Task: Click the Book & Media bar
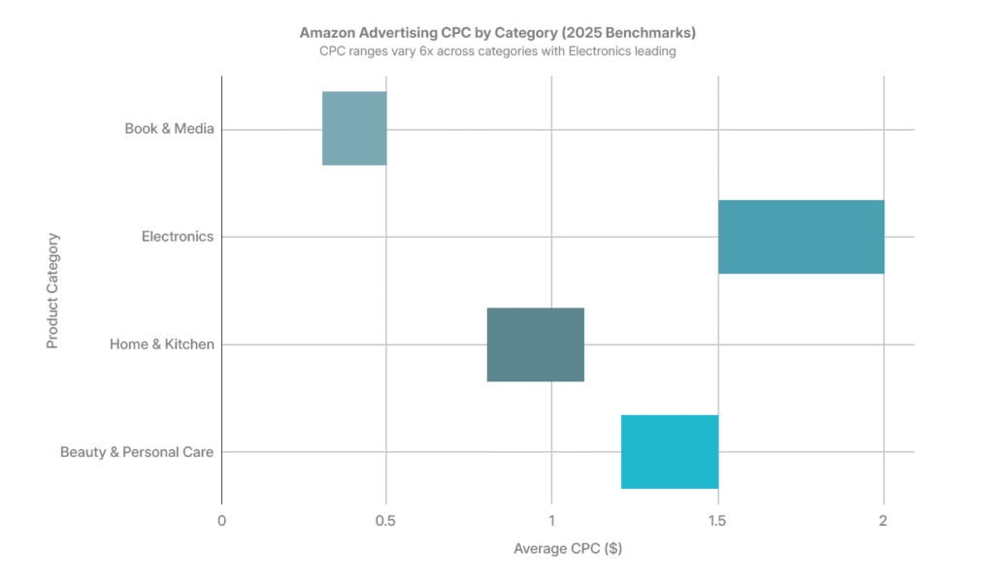[x=354, y=128]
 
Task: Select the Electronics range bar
[x=801, y=237]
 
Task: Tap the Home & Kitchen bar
[x=535, y=344]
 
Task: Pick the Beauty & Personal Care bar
[x=670, y=452]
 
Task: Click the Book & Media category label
[x=169, y=129]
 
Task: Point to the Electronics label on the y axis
[x=177, y=237]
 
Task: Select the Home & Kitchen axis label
[x=161, y=344]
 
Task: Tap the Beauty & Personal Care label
[x=137, y=452]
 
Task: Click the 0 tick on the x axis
[x=221, y=521]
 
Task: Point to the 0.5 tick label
[x=386, y=521]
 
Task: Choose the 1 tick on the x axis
[x=551, y=521]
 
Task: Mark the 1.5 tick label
[x=717, y=521]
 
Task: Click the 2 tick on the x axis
[x=883, y=521]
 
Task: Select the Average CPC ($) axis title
[x=567, y=549]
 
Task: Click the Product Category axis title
[x=53, y=290]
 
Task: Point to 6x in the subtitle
[x=432, y=51]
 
